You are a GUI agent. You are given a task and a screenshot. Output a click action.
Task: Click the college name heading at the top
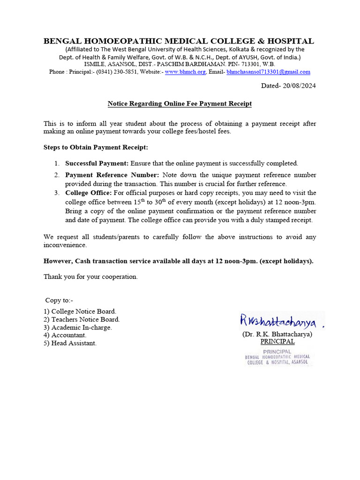(x=179, y=41)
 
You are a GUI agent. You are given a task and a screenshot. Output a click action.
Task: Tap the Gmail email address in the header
(x=268, y=72)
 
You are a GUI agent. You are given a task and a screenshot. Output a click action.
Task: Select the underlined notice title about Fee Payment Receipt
(x=180, y=104)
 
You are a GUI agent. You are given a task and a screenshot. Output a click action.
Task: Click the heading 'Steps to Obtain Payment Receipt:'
(x=96, y=147)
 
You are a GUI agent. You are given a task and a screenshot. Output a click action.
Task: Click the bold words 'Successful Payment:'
(x=97, y=163)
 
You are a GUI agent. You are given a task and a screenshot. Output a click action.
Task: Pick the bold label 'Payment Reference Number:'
(x=112, y=175)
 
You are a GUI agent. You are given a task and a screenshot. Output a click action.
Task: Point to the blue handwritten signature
(x=277, y=321)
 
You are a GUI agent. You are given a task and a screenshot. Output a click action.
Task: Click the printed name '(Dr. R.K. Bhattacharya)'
(x=277, y=334)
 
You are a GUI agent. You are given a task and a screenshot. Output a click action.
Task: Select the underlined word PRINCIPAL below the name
(x=277, y=342)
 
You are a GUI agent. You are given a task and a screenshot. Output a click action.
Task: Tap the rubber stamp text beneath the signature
(x=277, y=357)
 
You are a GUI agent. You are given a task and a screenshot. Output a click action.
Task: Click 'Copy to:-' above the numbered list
(x=59, y=300)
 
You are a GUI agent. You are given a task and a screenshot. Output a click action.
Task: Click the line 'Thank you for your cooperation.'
(x=90, y=277)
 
